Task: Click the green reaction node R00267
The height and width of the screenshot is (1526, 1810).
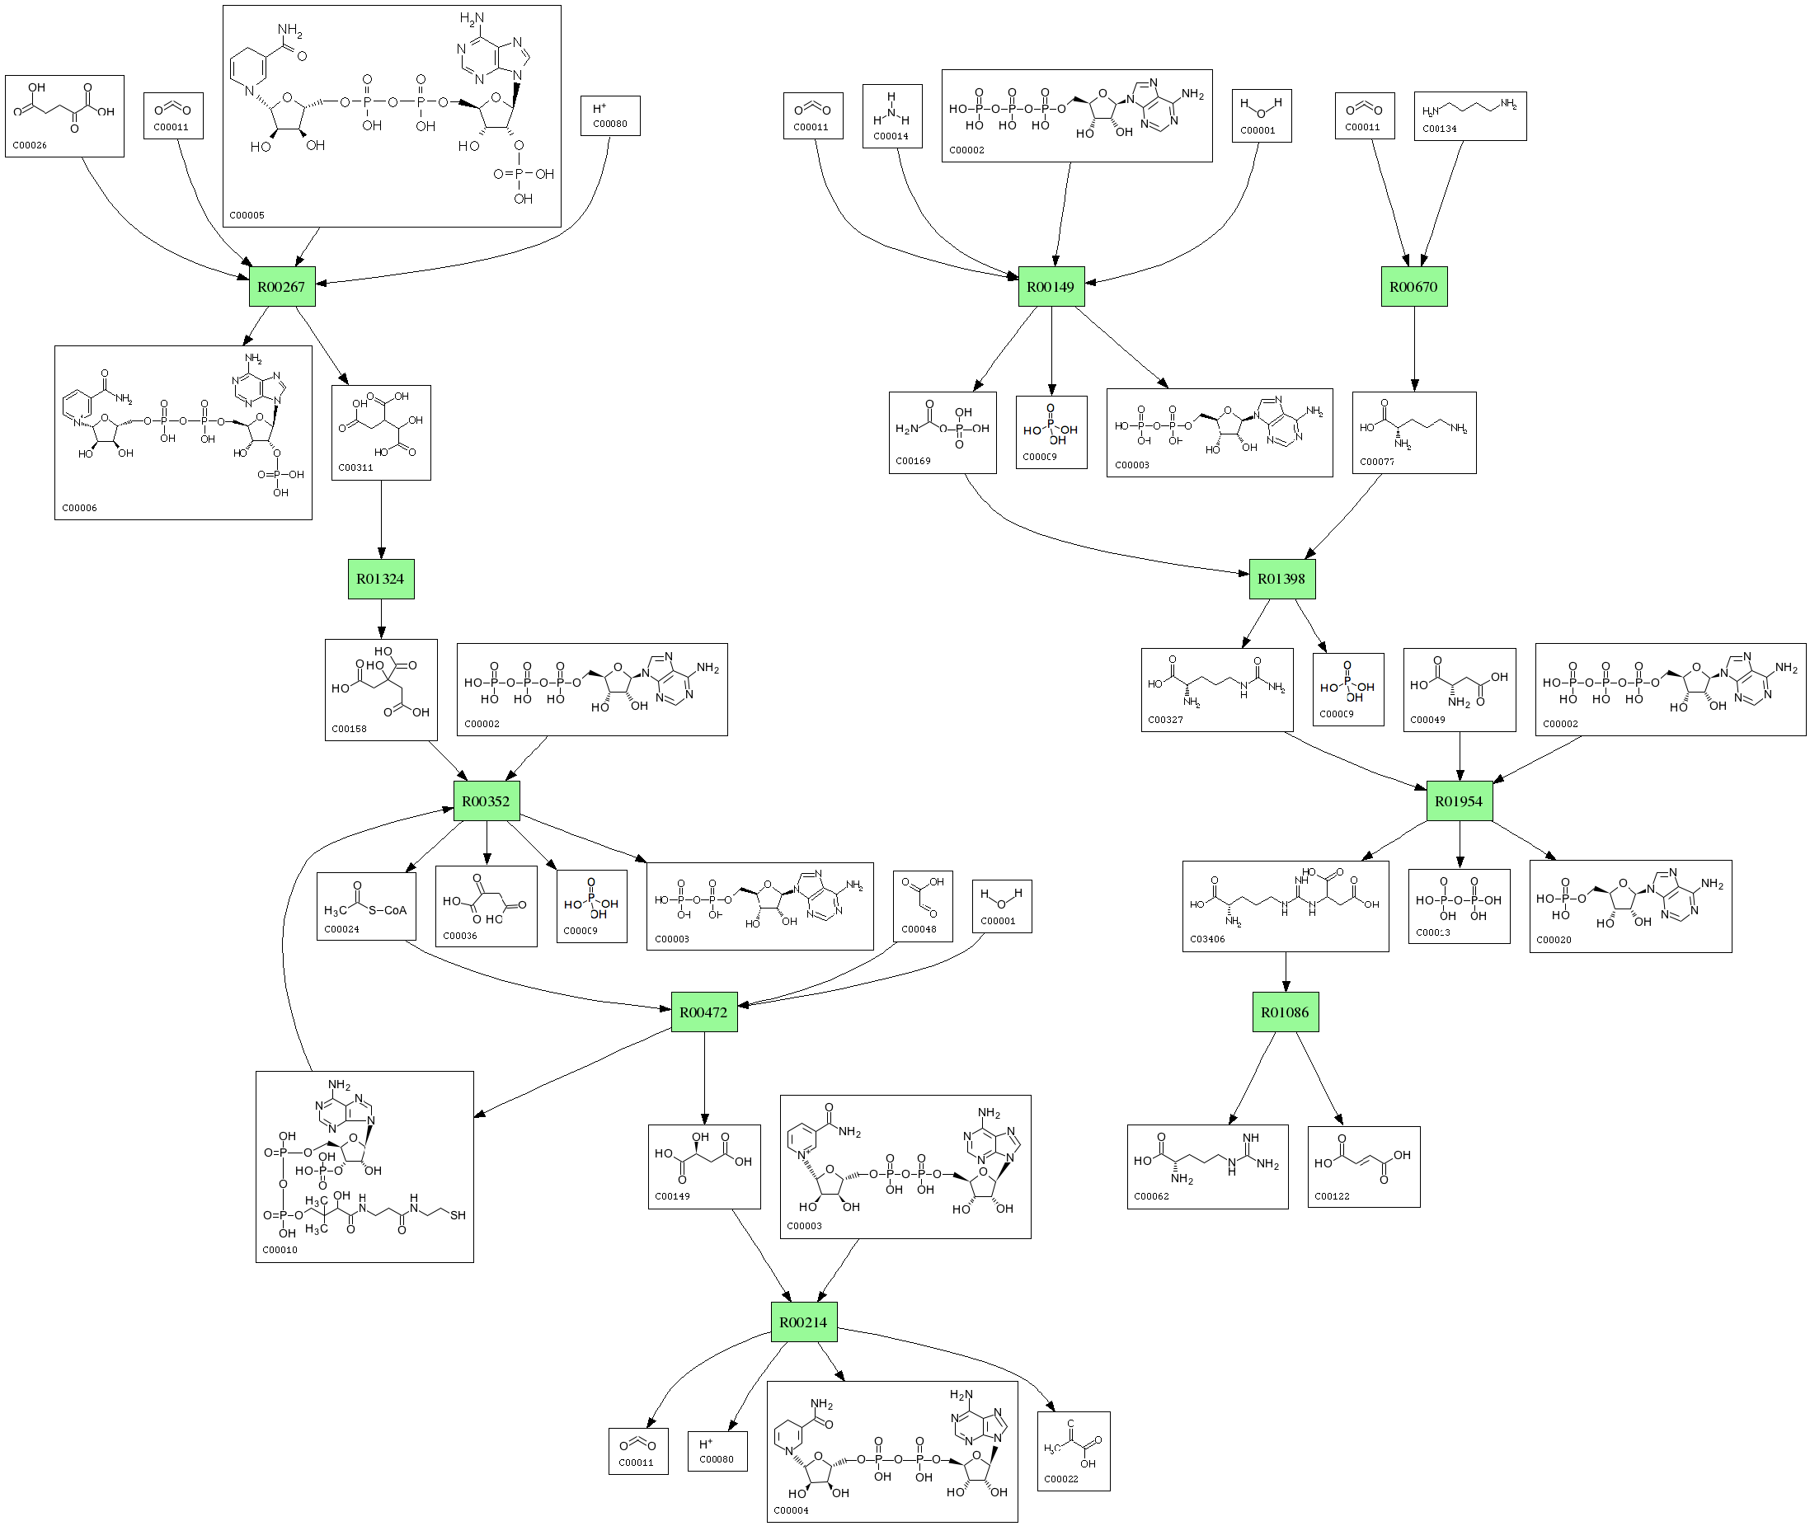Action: pyautogui.click(x=282, y=286)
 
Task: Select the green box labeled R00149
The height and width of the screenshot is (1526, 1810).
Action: pyautogui.click(x=1051, y=286)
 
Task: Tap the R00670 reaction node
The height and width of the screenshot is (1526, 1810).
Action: pyautogui.click(x=1413, y=286)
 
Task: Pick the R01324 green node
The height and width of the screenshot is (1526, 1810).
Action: pyautogui.click(x=381, y=579)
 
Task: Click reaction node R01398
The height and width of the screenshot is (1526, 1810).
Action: pyautogui.click(x=1281, y=579)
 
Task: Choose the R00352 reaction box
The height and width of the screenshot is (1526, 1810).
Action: pyautogui.click(x=487, y=801)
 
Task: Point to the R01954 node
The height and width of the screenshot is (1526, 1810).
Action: pyautogui.click(x=1459, y=801)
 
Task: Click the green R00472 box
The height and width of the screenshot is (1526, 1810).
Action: pyautogui.click(x=703, y=1012)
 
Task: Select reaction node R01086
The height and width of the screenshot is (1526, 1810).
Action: pyautogui.click(x=1285, y=1012)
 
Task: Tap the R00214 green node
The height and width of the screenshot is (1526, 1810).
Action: pyautogui.click(x=803, y=1322)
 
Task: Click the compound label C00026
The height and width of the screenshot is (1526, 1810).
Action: pyautogui.click(x=30, y=145)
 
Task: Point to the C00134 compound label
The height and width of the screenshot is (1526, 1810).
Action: pyautogui.click(x=1440, y=129)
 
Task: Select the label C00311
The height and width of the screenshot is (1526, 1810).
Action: pyautogui.click(x=355, y=468)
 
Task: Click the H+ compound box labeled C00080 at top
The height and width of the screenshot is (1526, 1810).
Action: pyautogui.click(x=610, y=116)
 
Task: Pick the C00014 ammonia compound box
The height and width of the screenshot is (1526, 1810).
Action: pyautogui.click(x=892, y=116)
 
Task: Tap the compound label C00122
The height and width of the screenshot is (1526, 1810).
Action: pyautogui.click(x=1332, y=1196)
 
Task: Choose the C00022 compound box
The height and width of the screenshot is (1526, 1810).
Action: pyautogui.click(x=1073, y=1451)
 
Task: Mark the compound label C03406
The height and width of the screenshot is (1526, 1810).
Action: pyautogui.click(x=1207, y=939)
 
